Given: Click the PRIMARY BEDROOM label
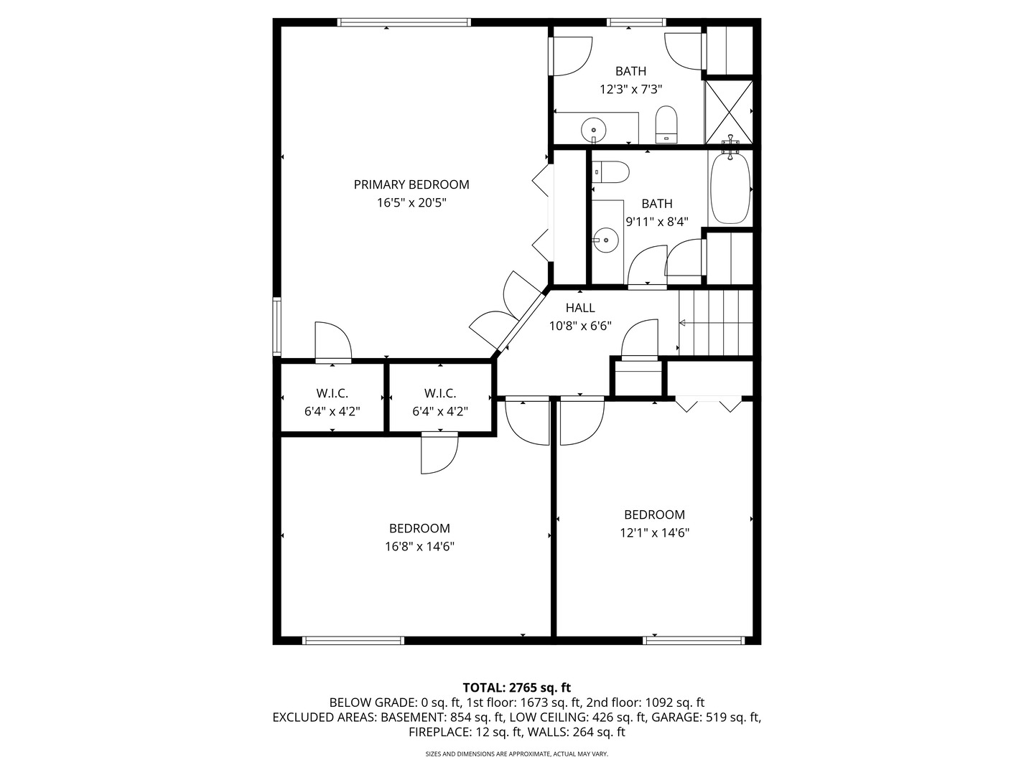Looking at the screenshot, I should (411, 184).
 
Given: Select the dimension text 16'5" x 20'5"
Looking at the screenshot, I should (411, 203).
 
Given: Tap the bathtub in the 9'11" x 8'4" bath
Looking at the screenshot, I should (730, 188).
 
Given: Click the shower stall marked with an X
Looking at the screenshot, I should (728, 111).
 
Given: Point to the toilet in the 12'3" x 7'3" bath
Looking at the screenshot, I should (666, 125).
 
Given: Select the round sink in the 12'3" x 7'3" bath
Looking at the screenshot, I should (593, 131).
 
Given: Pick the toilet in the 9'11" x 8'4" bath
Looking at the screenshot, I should (610, 172).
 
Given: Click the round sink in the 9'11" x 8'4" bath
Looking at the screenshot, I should (606, 240).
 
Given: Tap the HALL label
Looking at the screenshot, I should (580, 308).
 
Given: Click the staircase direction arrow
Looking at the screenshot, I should (683, 324).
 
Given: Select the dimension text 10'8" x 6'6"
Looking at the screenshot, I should (580, 326).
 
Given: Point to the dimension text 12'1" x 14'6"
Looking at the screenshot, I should (654, 533).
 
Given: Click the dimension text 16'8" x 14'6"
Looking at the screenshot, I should (419, 547).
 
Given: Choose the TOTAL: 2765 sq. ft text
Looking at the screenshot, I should (516, 687).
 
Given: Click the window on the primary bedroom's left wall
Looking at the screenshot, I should (277, 327).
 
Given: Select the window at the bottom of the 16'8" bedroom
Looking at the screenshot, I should (353, 640).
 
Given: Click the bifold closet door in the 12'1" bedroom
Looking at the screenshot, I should (708, 404).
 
